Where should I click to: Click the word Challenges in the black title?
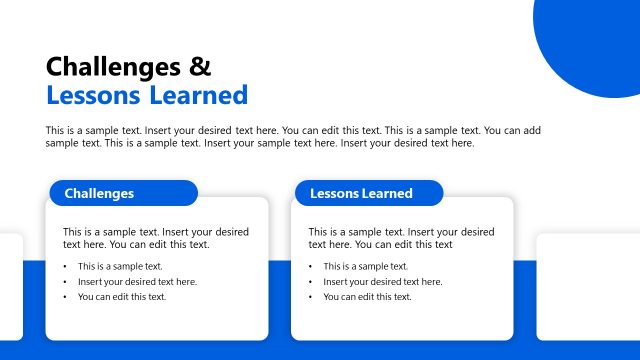114,67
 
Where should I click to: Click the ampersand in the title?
200,67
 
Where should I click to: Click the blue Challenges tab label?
99,193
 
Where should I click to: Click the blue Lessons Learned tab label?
361,193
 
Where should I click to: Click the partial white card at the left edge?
10,286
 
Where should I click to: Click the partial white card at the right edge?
588,286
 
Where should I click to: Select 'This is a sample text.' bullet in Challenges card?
120,266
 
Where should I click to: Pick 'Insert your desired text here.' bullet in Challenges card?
137,282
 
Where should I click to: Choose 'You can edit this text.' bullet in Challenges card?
122,297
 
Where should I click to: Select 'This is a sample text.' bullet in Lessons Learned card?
365,266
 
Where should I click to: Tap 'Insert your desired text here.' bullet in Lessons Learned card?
382,282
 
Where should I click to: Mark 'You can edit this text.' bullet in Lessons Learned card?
367,297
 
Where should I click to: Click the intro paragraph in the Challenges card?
155,238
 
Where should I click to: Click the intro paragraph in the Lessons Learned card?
400,238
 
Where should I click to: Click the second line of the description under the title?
259,143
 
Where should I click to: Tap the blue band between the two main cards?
280,300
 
